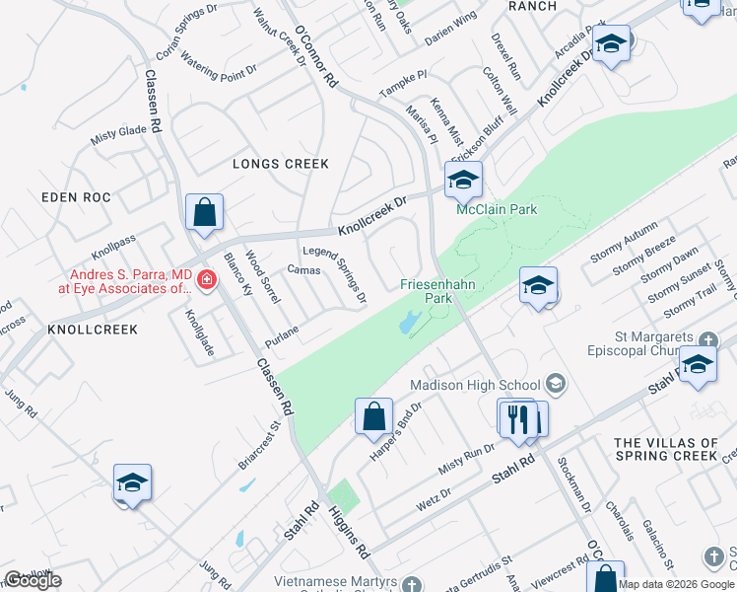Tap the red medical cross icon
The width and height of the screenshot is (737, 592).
pos(207,280)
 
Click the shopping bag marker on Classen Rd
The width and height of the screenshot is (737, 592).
pos(204,212)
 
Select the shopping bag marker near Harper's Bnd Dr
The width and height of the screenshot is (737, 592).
pos(374,416)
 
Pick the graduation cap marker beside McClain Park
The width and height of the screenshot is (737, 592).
pos(463,180)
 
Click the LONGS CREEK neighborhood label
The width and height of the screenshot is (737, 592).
pos(280,164)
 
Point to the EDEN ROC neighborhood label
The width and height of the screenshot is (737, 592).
pos(73,197)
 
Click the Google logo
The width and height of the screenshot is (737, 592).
pos(33,580)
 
